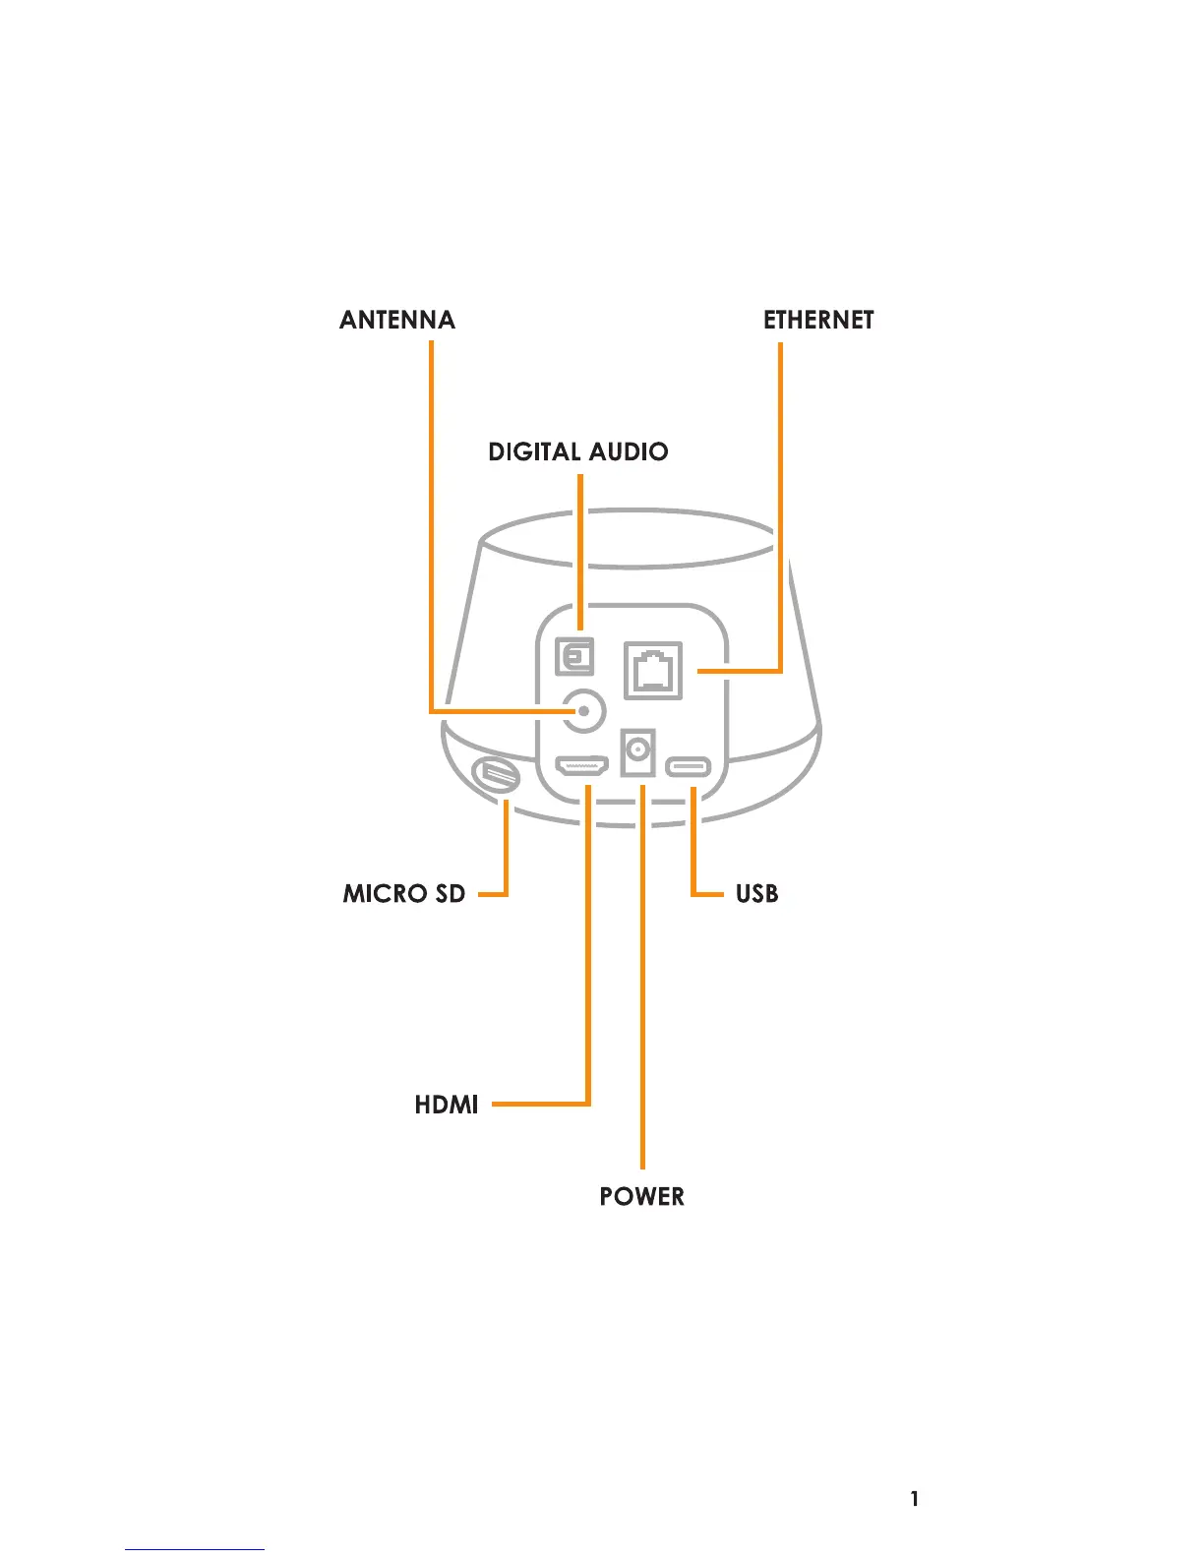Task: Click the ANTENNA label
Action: point(397,320)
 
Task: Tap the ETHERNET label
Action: point(818,320)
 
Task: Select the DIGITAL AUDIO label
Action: point(578,451)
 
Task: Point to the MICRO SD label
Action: point(404,893)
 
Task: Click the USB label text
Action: point(757,893)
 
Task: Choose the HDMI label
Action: point(447,1105)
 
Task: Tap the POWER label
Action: point(642,1196)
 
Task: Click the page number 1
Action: point(915,1499)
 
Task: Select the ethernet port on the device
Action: point(653,671)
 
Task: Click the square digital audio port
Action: point(575,656)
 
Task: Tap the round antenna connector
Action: point(584,710)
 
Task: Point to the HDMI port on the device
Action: point(582,765)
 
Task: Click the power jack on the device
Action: point(638,752)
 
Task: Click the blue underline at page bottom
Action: point(195,1550)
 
